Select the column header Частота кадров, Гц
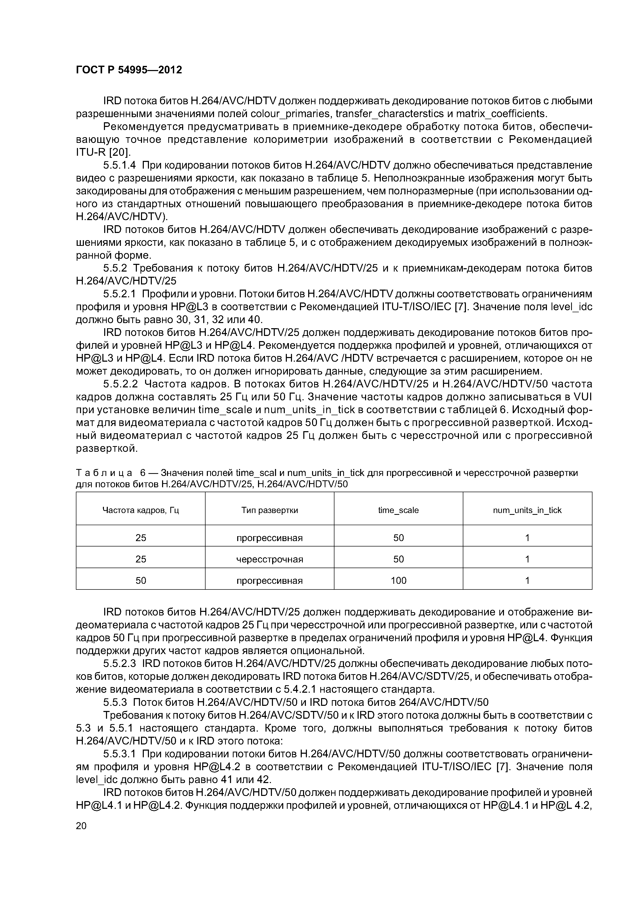(140, 510)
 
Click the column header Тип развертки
(269, 510)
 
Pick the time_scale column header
(398, 510)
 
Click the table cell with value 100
(398, 580)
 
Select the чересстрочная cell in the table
(269, 559)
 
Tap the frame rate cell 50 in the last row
(140, 580)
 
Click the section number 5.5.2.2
(120, 384)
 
